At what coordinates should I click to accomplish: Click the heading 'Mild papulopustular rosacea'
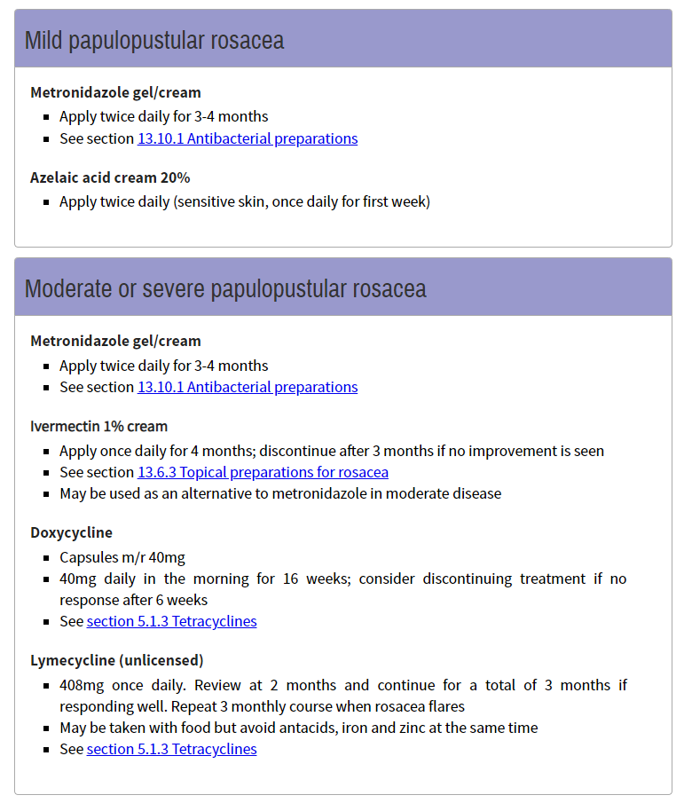click(154, 41)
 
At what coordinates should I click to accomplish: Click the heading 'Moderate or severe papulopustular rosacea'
click(225, 289)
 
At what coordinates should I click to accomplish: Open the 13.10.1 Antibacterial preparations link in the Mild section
click(248, 139)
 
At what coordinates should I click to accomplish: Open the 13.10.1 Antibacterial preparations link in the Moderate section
click(248, 388)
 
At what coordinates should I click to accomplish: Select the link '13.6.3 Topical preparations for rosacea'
click(263, 473)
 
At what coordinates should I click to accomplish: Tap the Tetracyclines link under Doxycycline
click(171, 622)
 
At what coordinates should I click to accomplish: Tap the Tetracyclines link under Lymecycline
click(171, 750)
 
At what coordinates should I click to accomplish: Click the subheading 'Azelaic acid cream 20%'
click(110, 177)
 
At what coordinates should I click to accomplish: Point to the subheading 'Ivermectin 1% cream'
click(98, 426)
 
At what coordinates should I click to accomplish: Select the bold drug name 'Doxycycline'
click(71, 532)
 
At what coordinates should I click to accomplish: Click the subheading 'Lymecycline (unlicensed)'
click(116, 660)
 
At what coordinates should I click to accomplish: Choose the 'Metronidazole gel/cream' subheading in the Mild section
click(115, 92)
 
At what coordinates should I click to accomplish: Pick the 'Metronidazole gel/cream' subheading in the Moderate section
click(115, 341)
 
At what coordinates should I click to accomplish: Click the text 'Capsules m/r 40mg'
click(122, 558)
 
